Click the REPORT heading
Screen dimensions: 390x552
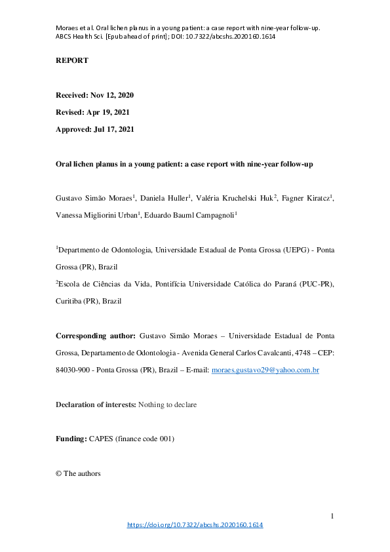(x=71, y=61)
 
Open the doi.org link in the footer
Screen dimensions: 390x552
(x=195, y=525)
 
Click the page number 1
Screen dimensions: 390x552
(x=332, y=517)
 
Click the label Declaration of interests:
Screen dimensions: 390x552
(x=96, y=405)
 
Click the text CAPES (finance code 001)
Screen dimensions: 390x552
(x=132, y=439)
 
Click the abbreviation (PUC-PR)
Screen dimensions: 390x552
(x=311, y=284)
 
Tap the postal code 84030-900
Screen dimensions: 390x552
(x=74, y=371)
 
